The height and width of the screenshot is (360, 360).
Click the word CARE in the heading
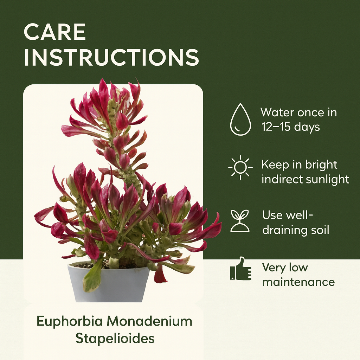coord(54,32)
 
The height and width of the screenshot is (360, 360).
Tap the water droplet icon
coord(240,119)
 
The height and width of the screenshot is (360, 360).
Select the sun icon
coord(240,167)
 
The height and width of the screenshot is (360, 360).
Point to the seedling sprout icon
coord(240,221)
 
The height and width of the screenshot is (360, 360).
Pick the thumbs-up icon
coord(240,269)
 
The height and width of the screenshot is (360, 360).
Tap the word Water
coord(277,112)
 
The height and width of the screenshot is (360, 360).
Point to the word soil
coord(320,230)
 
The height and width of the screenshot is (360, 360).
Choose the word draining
coord(285,231)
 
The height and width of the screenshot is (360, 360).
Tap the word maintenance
coord(298,282)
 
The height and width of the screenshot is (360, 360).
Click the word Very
coord(274,268)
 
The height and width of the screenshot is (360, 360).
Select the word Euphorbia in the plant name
coord(70,321)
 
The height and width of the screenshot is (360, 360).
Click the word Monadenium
coord(150,321)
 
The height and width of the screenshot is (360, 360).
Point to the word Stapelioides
coord(115,339)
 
